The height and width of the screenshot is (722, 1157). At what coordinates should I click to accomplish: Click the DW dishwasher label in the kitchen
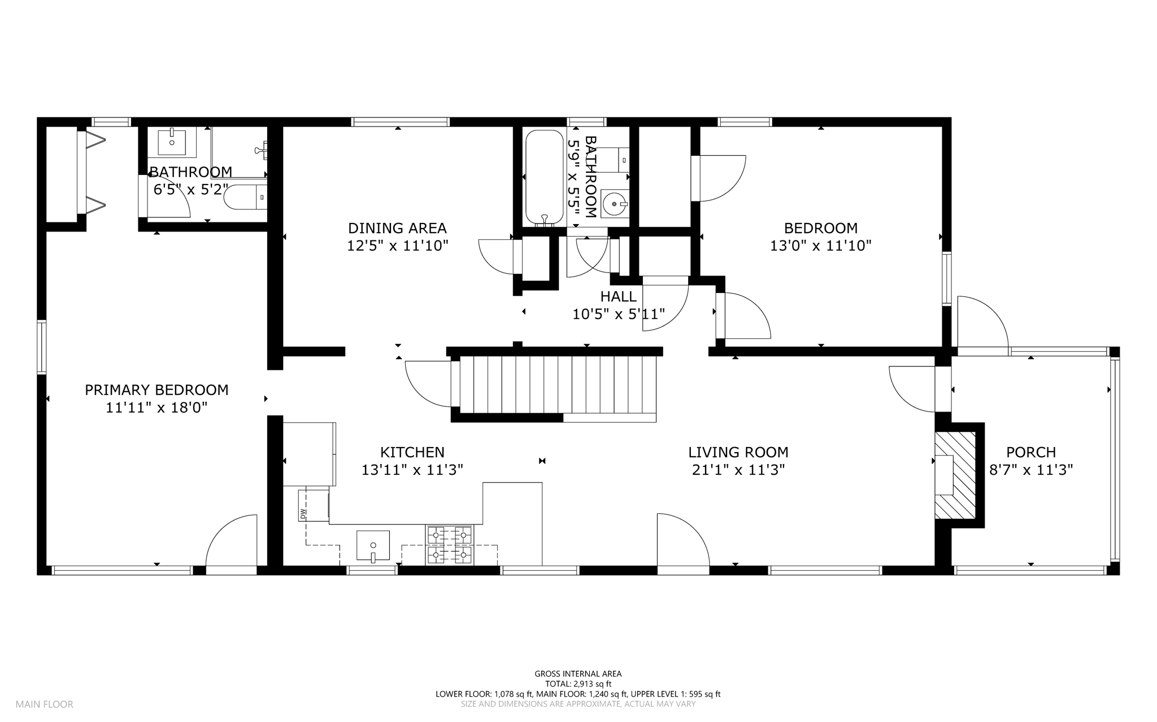click(x=303, y=514)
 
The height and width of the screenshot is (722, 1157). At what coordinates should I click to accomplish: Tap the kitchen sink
click(x=373, y=546)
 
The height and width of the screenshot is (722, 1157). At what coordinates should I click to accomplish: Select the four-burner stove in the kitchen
click(x=450, y=545)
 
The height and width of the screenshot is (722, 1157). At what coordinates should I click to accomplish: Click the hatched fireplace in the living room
click(x=955, y=475)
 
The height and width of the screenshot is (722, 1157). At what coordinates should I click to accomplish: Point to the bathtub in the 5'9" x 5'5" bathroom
click(x=545, y=178)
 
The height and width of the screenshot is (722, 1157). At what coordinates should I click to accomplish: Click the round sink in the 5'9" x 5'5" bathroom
click(x=615, y=203)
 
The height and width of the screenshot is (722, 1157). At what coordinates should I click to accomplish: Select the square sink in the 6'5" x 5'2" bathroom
click(x=172, y=142)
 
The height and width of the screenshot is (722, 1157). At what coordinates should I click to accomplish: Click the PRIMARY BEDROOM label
click(x=156, y=390)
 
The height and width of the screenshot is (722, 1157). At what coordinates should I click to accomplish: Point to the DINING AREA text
click(x=397, y=228)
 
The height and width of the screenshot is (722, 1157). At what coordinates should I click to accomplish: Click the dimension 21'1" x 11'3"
click(x=738, y=470)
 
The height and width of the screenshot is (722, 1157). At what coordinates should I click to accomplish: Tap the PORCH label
click(x=1031, y=452)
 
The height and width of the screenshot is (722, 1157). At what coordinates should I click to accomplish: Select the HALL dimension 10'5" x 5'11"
click(x=619, y=314)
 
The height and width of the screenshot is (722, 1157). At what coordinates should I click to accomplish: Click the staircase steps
click(x=558, y=384)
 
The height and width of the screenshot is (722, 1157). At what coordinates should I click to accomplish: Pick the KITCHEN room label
click(x=412, y=452)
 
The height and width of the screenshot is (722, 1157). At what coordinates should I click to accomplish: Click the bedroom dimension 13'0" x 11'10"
click(x=821, y=246)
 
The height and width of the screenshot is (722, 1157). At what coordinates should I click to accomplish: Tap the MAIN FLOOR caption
click(x=45, y=704)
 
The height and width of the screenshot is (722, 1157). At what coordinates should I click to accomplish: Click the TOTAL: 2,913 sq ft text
click(x=578, y=684)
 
